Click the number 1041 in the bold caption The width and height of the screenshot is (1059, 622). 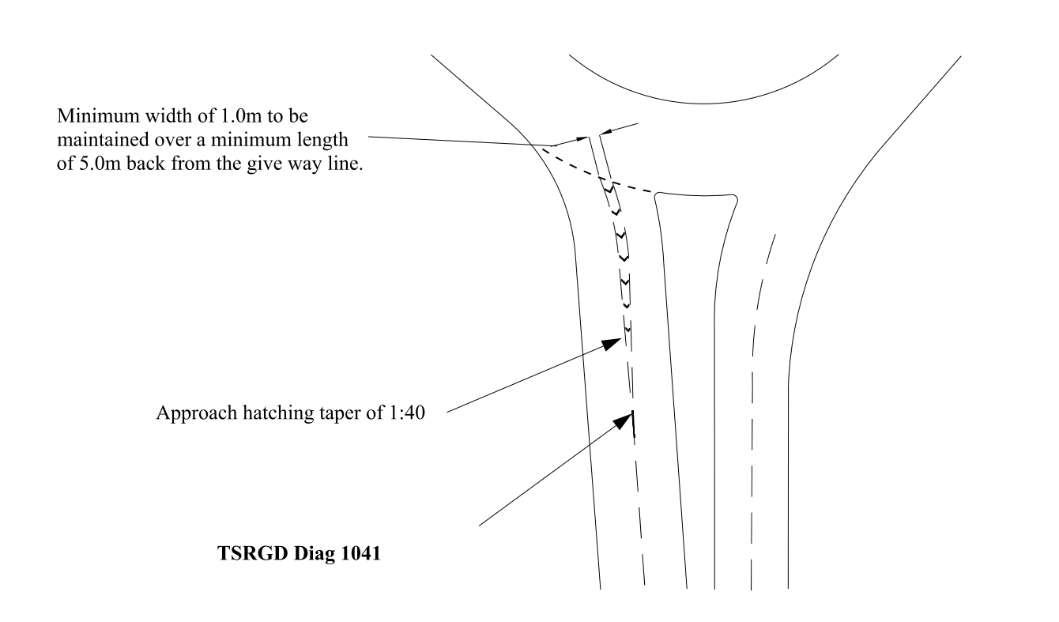point(360,553)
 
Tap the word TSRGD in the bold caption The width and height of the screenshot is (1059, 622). point(253,553)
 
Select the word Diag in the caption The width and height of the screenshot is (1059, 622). point(314,554)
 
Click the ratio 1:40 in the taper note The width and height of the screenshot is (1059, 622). point(406,413)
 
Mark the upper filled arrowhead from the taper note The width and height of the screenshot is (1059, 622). point(611,344)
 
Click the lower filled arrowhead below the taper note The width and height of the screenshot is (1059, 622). point(623,420)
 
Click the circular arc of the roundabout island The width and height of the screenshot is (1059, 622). point(704,104)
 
